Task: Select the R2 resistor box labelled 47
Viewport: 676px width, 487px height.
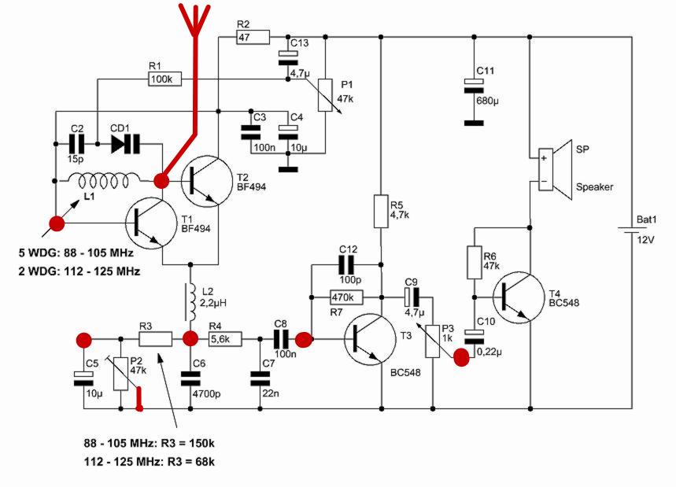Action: (253, 37)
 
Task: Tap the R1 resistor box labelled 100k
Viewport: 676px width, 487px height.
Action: (164, 79)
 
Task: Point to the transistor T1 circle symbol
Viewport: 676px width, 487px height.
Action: (152, 223)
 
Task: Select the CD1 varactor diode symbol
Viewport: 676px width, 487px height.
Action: (125, 144)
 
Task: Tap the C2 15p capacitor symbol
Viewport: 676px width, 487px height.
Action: (77, 144)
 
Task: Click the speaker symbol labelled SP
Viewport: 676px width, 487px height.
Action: (555, 170)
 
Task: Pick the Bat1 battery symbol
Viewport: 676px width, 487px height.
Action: (632, 230)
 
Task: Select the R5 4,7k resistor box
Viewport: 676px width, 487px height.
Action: (381, 211)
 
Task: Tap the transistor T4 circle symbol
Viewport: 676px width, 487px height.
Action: (518, 297)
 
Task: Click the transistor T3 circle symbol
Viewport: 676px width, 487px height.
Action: (370, 340)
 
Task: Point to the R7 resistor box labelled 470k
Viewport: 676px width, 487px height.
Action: (346, 297)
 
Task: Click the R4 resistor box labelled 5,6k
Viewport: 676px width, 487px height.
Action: (226, 339)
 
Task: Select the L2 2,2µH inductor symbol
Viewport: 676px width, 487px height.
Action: (190, 301)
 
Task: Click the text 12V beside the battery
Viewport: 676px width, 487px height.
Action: (645, 240)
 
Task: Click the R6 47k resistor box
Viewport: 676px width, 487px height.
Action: (475, 263)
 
